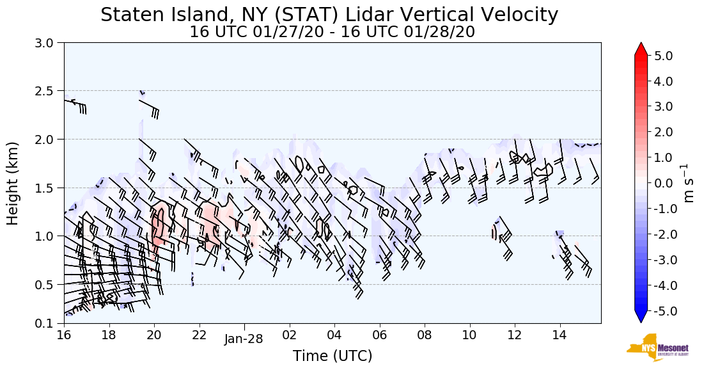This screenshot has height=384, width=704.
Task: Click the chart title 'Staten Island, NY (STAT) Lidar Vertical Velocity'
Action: point(329,15)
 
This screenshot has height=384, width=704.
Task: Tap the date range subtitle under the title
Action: point(332,32)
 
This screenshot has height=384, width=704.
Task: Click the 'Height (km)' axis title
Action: point(13,183)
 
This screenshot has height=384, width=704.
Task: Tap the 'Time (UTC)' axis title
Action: point(332,356)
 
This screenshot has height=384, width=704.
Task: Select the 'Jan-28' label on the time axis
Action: point(244,340)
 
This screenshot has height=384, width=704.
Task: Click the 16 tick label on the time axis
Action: point(63,335)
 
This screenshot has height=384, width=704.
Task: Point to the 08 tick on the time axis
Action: point(425,335)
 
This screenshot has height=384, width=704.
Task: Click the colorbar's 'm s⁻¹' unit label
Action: point(689,183)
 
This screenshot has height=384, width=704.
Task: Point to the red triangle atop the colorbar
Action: point(641,49)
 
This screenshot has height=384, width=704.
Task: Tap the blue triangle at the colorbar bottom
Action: point(641,317)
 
